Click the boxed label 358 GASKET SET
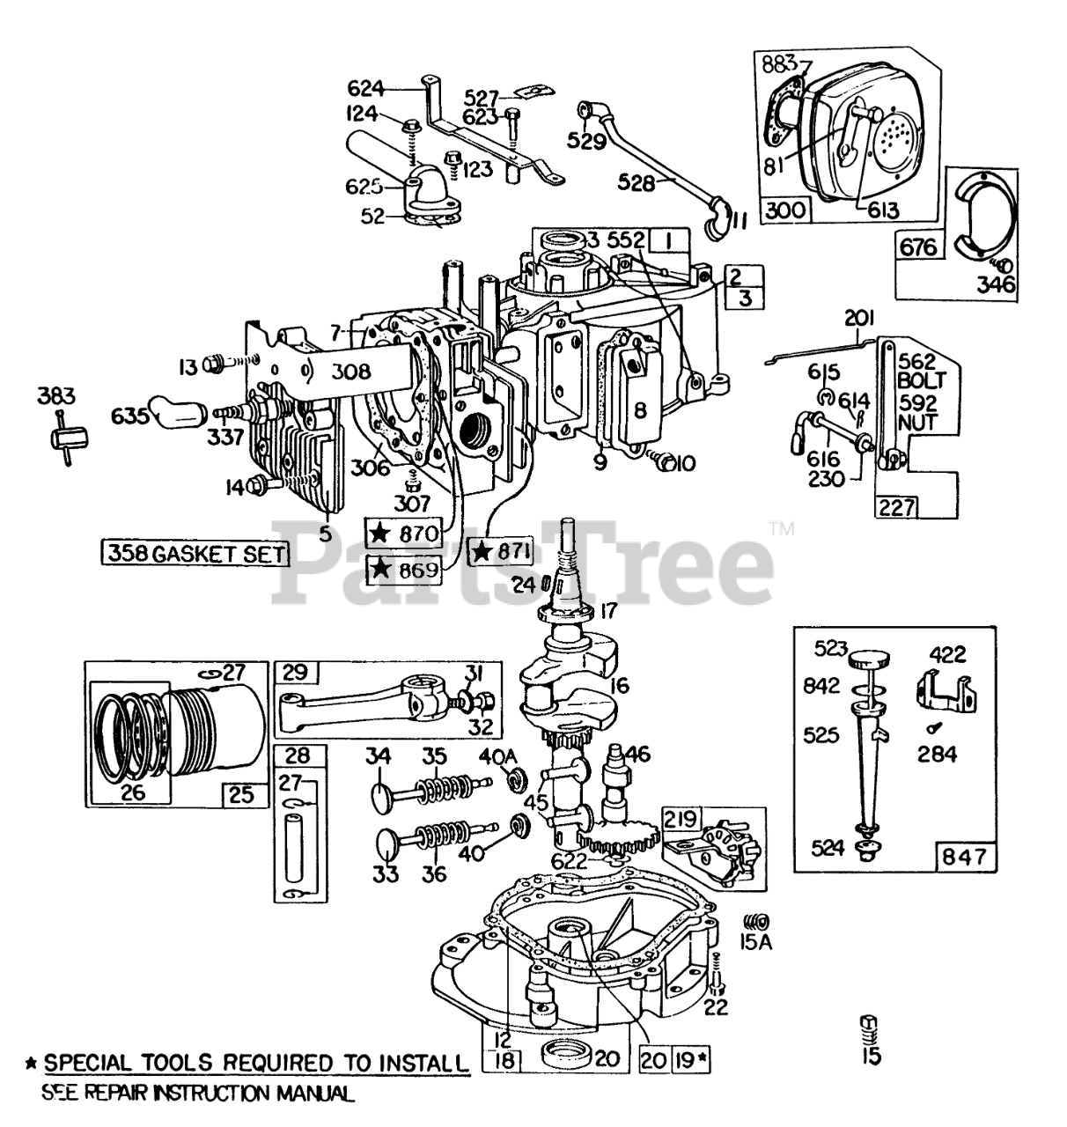(195, 554)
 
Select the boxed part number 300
(784, 212)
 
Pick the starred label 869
(405, 570)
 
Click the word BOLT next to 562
(921, 382)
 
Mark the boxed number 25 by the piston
(242, 794)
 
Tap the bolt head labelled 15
(869, 1025)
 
